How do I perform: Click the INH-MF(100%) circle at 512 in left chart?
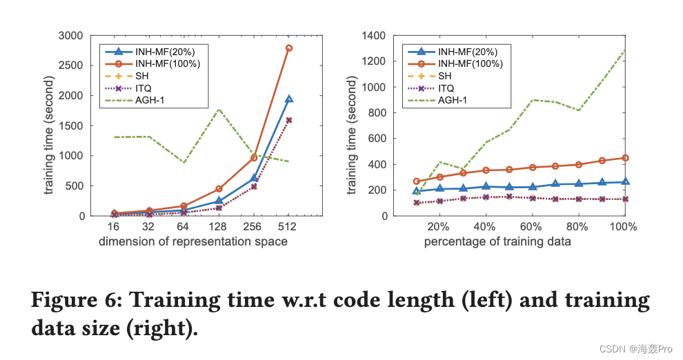289,48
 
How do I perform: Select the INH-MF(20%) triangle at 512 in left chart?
289,99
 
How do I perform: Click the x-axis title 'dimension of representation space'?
193,242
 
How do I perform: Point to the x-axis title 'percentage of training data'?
497,242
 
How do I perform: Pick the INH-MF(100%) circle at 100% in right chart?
624,158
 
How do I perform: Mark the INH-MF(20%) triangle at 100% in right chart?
624,182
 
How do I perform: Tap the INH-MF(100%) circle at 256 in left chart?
254,158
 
